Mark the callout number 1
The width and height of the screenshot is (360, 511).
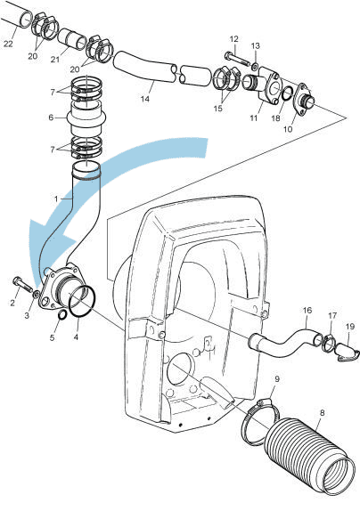[x=57, y=197]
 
